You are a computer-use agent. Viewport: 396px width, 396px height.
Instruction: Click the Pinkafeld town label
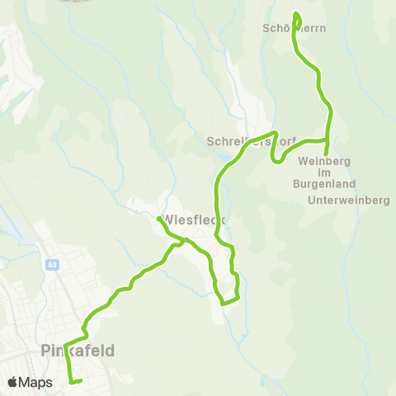coord(77,351)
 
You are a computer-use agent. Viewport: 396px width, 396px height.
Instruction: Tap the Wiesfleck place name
coord(195,219)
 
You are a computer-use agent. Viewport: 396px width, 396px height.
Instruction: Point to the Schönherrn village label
coord(295,27)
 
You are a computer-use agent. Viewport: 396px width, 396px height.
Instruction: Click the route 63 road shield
coord(52,265)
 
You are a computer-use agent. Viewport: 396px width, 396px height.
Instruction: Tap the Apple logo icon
coord(13,382)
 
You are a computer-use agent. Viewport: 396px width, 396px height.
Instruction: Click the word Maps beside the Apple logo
coord(36,382)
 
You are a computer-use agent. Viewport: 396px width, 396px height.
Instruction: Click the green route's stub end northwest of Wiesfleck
coord(158,219)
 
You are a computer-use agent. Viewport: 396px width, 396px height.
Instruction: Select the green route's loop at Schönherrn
coord(297,18)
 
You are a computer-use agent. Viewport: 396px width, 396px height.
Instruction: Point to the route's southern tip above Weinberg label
coord(328,152)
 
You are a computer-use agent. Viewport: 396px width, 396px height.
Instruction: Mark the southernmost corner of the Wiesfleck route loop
coord(224,303)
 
